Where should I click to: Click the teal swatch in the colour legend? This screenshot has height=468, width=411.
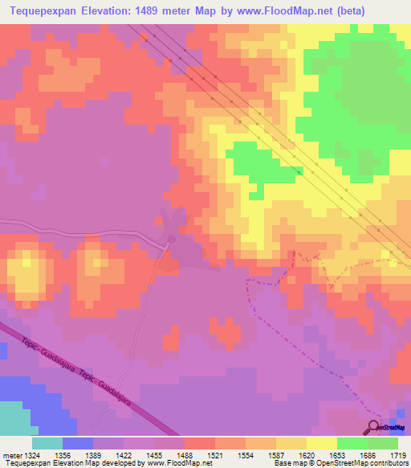point(47,443)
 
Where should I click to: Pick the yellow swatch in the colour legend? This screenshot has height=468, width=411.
point(322,443)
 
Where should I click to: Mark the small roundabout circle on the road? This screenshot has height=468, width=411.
point(171,238)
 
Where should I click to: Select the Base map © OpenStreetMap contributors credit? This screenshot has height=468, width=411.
point(340,464)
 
